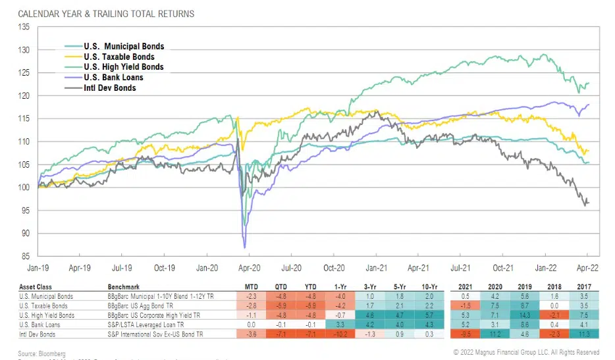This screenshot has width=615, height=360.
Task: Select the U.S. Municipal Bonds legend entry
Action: pyautogui.click(x=123, y=46)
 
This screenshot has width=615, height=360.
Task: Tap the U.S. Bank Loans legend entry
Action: pyautogui.click(x=114, y=78)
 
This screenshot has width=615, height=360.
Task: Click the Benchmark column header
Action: pyautogui.click(x=124, y=287)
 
